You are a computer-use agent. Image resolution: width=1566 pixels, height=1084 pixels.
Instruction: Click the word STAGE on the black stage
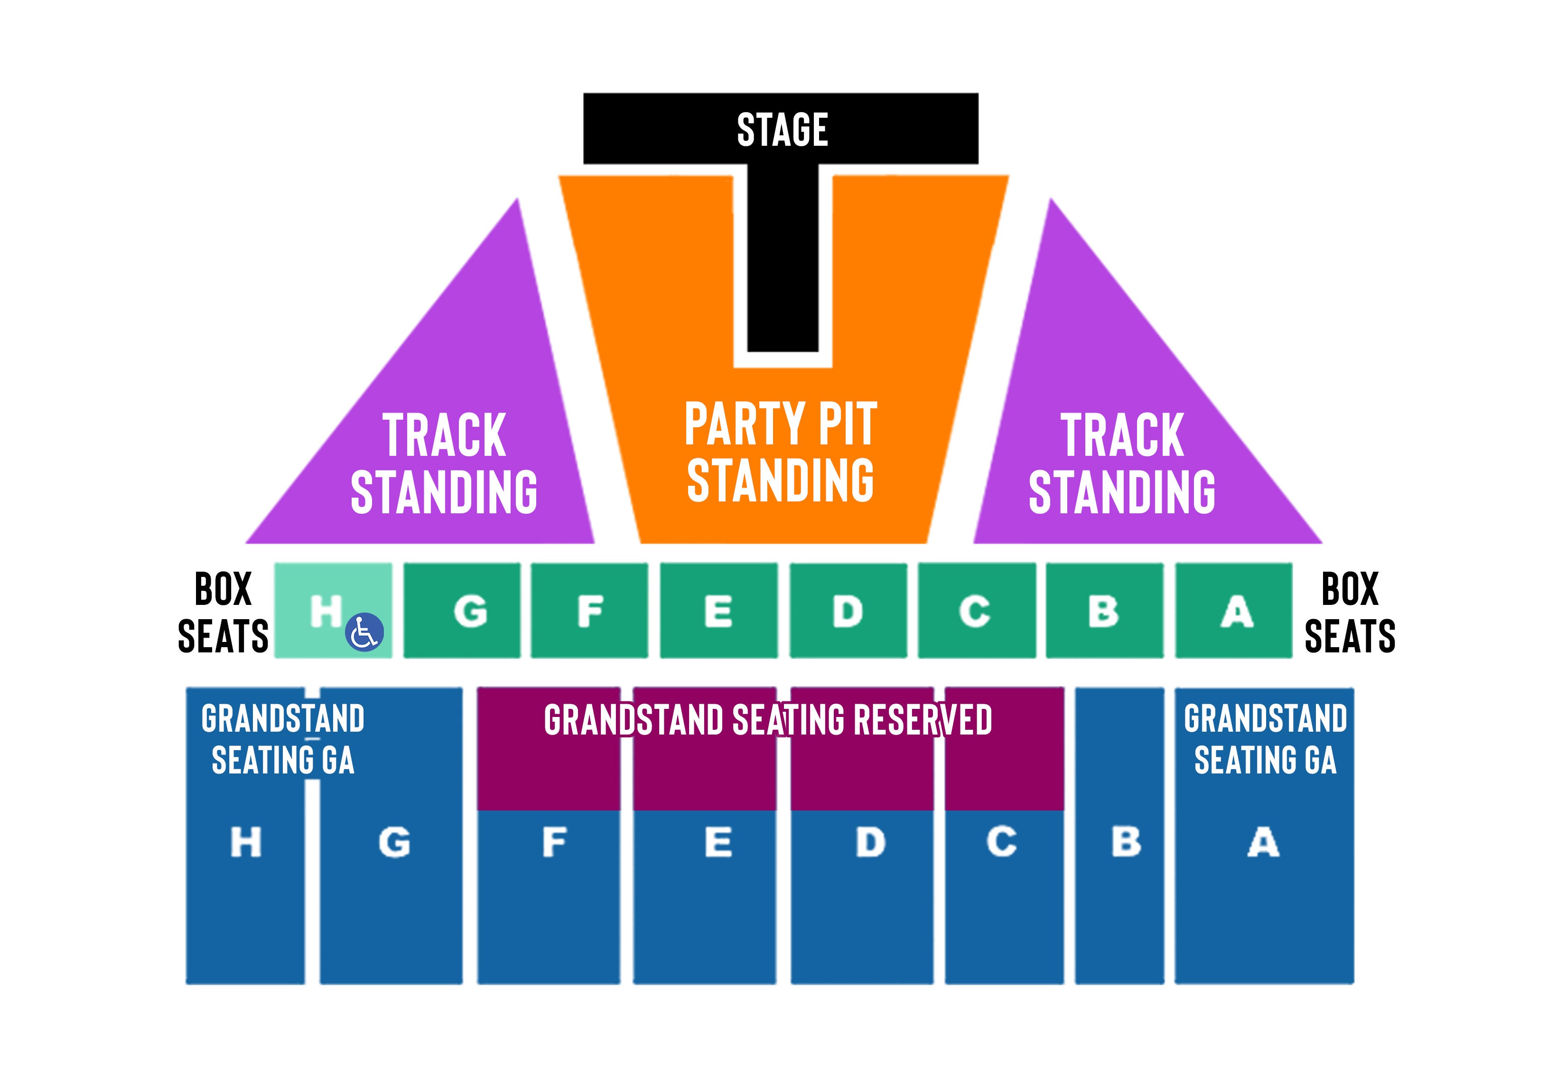pyautogui.click(x=782, y=130)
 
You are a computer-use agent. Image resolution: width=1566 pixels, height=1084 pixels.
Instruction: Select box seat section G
pyautogui.click(x=462, y=610)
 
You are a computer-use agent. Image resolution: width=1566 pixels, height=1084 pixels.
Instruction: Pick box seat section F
pyautogui.click(x=589, y=610)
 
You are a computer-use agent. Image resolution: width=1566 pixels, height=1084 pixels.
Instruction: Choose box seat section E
pyautogui.click(x=719, y=610)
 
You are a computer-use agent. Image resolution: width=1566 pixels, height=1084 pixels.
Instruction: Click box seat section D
pyautogui.click(x=848, y=610)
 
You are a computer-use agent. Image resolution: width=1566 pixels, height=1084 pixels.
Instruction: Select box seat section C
pyautogui.click(x=977, y=610)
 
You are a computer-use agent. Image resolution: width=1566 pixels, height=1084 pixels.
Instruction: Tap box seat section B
pyautogui.click(x=1104, y=610)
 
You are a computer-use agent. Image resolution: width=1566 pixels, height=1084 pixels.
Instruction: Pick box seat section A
pyautogui.click(x=1233, y=610)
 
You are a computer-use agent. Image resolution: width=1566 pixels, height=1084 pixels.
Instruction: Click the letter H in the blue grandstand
pyautogui.click(x=246, y=842)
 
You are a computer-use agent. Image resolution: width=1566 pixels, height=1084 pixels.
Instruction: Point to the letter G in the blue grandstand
pyautogui.click(x=394, y=842)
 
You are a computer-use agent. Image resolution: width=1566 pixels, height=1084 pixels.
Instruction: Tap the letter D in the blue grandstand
pyautogui.click(x=871, y=842)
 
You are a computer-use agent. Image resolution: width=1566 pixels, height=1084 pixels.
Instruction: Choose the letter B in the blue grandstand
pyautogui.click(x=1126, y=842)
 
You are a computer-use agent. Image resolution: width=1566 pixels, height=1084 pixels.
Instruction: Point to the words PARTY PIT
pyautogui.click(x=781, y=424)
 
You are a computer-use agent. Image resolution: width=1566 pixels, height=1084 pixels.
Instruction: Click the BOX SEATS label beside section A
pyautogui.click(x=1350, y=612)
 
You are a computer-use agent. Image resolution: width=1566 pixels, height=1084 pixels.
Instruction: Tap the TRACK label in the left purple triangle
pyautogui.click(x=444, y=435)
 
